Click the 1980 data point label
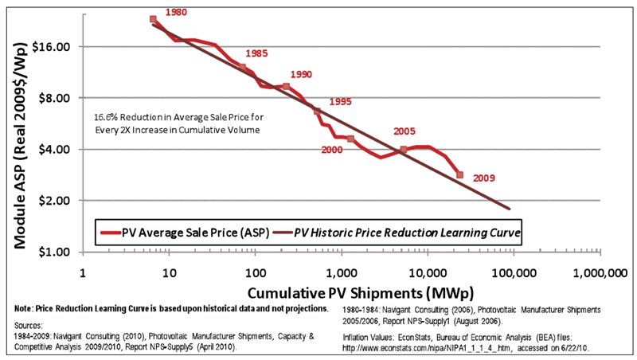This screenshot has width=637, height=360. (177, 14)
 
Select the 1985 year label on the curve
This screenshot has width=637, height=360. (256, 54)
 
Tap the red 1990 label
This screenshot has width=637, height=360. (301, 74)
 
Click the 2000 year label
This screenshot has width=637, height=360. (331, 150)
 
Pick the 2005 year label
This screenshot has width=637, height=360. (404, 131)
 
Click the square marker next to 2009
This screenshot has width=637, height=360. (459, 174)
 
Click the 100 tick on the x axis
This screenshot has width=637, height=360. (255, 273)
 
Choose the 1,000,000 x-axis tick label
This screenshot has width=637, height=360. (598, 273)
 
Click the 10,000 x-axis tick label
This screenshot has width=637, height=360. (428, 273)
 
